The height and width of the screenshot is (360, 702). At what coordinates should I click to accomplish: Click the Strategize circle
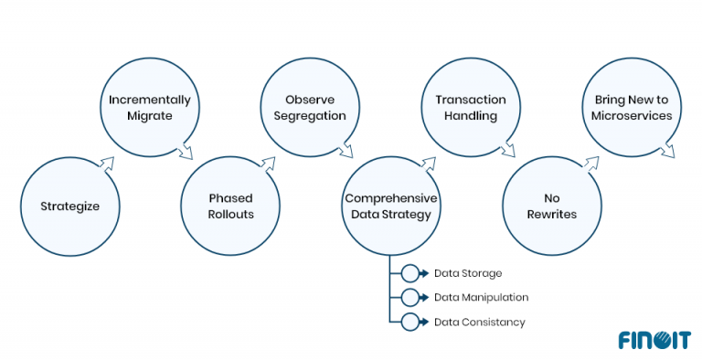[x=70, y=206]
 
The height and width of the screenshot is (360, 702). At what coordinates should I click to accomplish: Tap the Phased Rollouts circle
[x=229, y=206]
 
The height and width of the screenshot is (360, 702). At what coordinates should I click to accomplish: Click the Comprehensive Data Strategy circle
[x=391, y=206]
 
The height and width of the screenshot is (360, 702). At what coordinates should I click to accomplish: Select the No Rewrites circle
[x=551, y=206]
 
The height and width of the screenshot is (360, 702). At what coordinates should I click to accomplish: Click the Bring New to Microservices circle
[x=631, y=108]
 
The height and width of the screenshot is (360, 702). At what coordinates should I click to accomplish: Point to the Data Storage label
[x=467, y=273]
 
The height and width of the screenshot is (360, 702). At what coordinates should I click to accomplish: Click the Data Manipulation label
[x=481, y=297]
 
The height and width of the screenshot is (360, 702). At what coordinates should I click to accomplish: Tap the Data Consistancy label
[x=479, y=322]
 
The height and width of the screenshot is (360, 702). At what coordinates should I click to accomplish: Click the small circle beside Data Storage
[x=409, y=273]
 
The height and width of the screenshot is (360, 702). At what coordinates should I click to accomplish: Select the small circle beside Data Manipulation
[x=409, y=297]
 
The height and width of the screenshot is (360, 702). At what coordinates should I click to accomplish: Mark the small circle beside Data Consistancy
[x=409, y=322]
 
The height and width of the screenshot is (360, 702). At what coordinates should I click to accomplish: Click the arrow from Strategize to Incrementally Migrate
[x=107, y=164]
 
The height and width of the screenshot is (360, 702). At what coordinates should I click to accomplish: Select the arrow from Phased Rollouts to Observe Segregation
[x=268, y=164]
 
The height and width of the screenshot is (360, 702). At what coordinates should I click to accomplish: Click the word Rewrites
[x=551, y=215]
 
